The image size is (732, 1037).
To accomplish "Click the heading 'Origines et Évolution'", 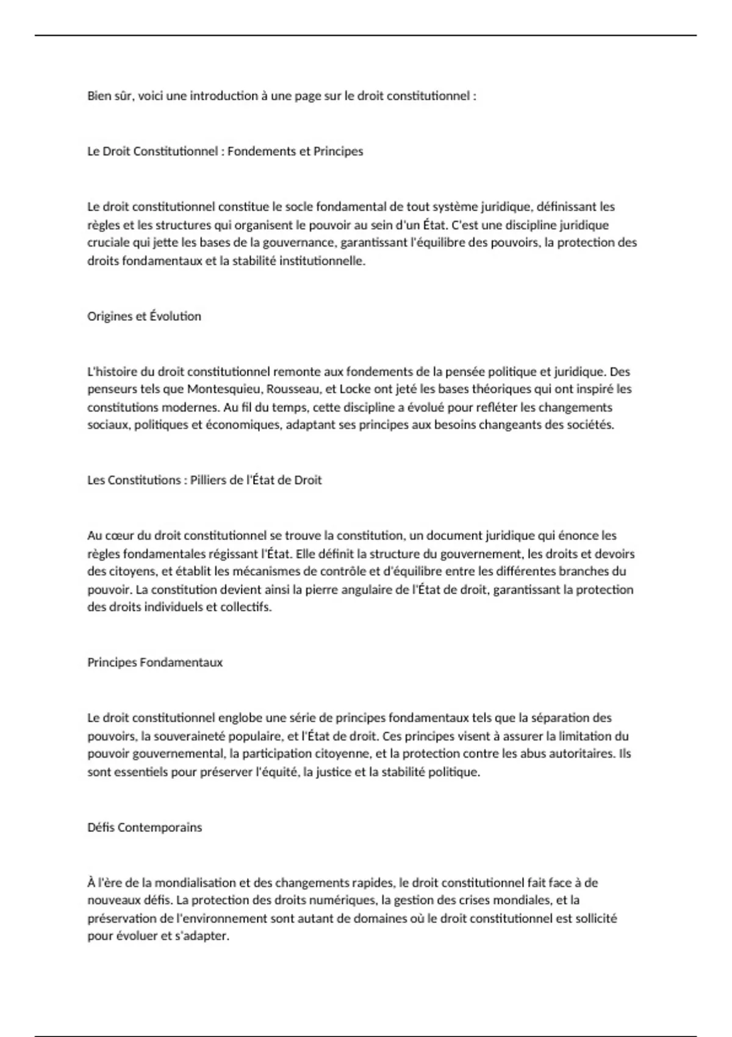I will click(x=144, y=316).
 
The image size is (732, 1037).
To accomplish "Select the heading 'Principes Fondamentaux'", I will click(x=155, y=662).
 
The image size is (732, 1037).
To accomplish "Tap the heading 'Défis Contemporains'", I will click(x=145, y=827).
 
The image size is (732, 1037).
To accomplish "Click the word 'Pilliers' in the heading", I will click(x=209, y=480).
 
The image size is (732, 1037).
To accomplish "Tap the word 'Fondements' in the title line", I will click(x=256, y=151).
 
